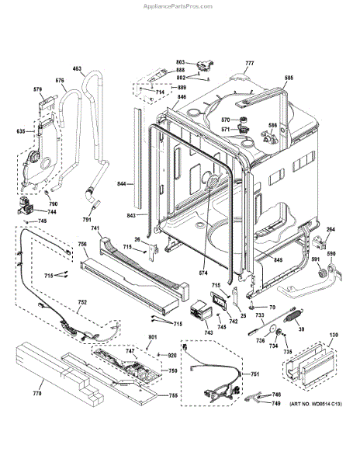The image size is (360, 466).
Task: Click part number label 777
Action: coord(250,62)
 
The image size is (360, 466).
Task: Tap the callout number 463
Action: coord(77,69)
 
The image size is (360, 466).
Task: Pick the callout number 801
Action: coord(152,336)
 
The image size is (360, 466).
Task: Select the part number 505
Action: coord(289,78)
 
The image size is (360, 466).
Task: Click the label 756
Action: coord(82,245)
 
